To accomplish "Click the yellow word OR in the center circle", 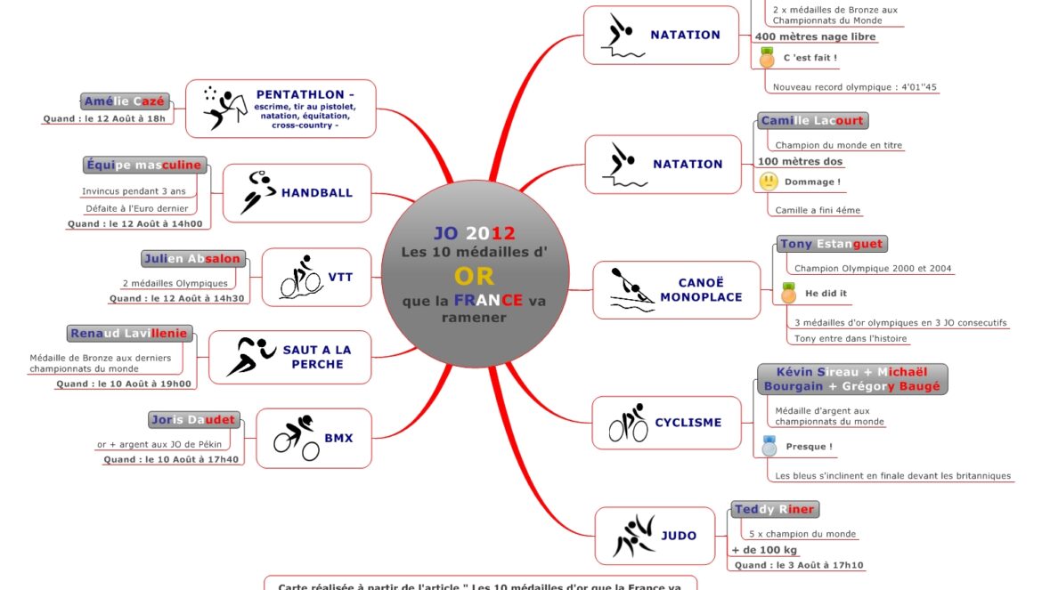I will click(474, 276).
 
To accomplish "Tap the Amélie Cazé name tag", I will click(124, 101).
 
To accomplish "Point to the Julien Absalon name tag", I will click(191, 259).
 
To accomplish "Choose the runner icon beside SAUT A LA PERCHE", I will click(250, 356).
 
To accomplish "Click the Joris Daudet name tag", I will click(192, 419).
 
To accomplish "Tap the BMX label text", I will click(338, 438).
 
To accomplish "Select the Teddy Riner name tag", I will click(774, 510).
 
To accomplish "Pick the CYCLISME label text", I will click(688, 423).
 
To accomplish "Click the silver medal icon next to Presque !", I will click(769, 447).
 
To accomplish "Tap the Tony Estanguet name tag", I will click(831, 244).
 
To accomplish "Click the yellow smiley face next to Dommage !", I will click(769, 182).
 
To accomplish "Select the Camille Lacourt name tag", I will click(812, 120).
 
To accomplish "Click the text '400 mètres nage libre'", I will click(815, 36).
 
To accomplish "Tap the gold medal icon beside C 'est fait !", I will click(767, 58).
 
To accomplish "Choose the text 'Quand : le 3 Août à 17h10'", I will click(798, 565).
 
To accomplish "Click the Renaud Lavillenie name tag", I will click(129, 334).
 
